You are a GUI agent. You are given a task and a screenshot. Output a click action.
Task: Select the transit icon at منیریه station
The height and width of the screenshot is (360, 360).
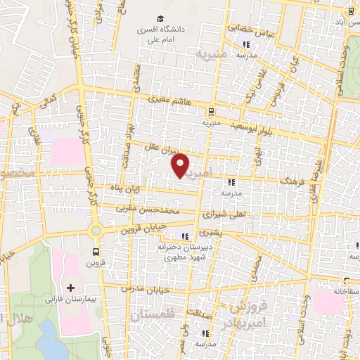pos(210,111)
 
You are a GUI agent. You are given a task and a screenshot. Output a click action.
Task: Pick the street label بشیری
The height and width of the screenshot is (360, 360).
pos(210,233)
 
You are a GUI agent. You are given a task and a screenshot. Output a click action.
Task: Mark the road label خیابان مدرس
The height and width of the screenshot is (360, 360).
pos(136,288)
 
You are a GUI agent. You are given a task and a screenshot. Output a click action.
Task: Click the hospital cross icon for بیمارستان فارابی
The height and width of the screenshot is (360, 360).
pos(70,288)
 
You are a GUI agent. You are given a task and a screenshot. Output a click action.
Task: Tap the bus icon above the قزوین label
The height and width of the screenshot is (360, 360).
pos(95,252)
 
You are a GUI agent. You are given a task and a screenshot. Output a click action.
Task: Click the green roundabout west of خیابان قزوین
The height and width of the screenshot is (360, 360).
pos(95,230)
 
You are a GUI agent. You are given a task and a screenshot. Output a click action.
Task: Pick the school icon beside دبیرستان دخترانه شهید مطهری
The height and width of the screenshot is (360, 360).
pos(185,236)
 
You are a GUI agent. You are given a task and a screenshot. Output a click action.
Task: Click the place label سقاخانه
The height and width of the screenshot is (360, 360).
pos(346,290)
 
